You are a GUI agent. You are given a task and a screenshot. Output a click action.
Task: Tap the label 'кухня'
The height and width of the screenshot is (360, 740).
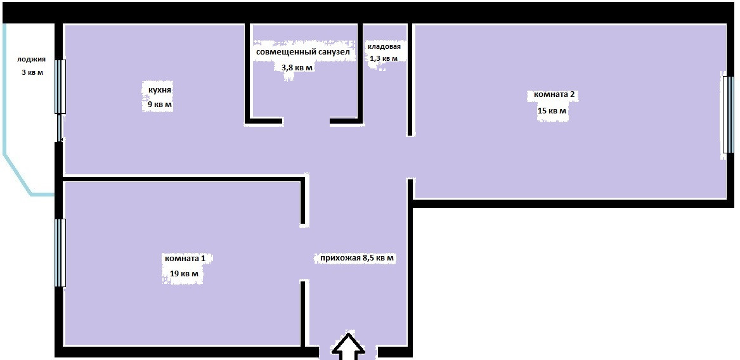(x=157, y=91)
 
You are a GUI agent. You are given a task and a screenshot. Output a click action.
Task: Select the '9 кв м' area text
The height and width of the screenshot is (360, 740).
(x=157, y=104)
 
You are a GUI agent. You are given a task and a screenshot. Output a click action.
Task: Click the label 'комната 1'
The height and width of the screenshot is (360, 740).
(x=185, y=259)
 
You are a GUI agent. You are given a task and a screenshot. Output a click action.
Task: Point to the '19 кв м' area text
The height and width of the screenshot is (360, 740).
(x=184, y=274)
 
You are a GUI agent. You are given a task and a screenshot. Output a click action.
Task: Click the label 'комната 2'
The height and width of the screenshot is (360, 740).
(x=554, y=95)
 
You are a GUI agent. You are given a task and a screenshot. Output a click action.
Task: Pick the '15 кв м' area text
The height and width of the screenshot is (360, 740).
(x=552, y=111)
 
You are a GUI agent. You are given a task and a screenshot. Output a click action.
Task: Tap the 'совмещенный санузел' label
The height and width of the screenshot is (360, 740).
(x=302, y=51)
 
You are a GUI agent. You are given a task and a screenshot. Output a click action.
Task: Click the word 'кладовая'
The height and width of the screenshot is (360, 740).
(x=384, y=47)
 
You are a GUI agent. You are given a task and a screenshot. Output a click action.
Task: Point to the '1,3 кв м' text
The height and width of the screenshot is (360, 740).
(x=384, y=59)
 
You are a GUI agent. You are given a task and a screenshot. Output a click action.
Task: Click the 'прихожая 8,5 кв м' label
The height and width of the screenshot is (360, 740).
(x=357, y=259)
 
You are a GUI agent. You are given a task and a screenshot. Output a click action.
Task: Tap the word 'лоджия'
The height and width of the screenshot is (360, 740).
(x=32, y=60)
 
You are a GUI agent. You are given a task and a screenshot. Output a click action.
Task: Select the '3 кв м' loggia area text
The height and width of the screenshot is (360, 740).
(x=32, y=72)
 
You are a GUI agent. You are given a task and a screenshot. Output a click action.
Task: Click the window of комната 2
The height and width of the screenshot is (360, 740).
(x=725, y=115)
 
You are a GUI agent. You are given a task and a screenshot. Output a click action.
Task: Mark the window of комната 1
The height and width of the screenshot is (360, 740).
(x=60, y=252)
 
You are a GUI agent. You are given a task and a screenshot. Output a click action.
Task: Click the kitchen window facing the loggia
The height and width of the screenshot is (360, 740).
(x=60, y=87)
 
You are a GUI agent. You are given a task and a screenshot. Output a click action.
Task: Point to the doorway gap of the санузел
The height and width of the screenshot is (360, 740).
(x=306, y=120)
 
